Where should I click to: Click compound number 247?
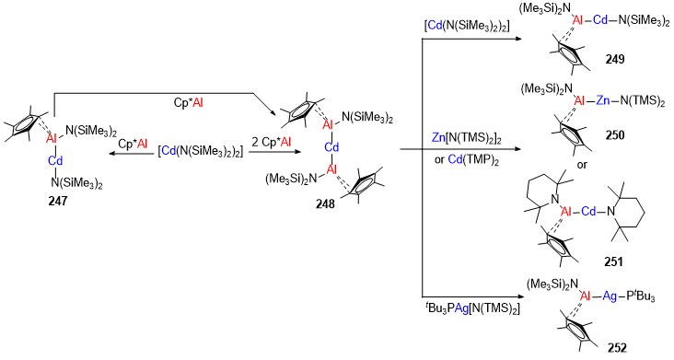click(58, 201)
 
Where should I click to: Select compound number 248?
click(325, 203)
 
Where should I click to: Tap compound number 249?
click(615, 59)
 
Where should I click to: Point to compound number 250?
click(615, 135)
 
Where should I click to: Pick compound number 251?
click(613, 261)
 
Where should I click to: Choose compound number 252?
click(617, 347)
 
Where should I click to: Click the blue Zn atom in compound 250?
click(602, 101)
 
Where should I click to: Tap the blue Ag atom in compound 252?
click(610, 296)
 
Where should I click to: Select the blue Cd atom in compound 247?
click(55, 161)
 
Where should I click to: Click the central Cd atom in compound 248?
click(331, 147)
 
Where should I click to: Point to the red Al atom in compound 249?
click(578, 20)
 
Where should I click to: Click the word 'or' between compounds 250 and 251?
click(582, 165)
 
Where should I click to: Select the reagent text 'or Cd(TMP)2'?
click(467, 160)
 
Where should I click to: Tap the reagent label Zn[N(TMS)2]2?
click(467, 139)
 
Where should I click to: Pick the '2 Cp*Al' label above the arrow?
click(272, 142)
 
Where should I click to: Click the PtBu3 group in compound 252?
click(640, 296)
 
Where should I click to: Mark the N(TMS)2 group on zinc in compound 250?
click(642, 101)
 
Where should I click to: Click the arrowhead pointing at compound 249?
click(517, 39)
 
